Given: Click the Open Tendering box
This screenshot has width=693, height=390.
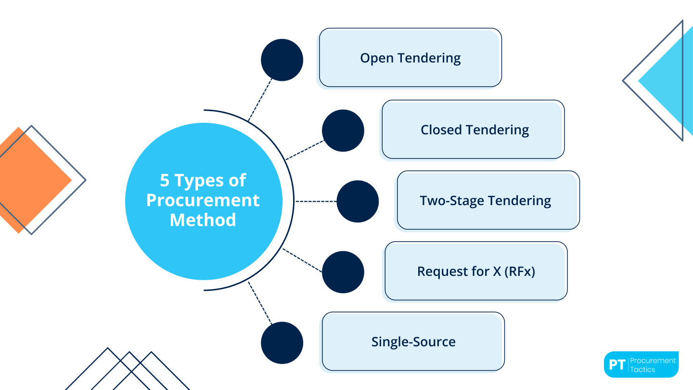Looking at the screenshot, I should pyautogui.click(x=410, y=58).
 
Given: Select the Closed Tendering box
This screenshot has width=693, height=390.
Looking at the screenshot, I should pyautogui.click(x=473, y=130).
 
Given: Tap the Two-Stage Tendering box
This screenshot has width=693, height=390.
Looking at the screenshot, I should pyautogui.click(x=488, y=200).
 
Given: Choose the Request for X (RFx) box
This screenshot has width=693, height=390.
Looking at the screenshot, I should pyautogui.click(x=476, y=271).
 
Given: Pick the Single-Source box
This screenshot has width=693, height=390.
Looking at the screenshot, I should pyautogui.click(x=413, y=342).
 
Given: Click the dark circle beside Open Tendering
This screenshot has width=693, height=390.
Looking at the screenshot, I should pyautogui.click(x=282, y=60).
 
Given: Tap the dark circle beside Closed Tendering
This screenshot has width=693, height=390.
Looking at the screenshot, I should pyautogui.click(x=343, y=130).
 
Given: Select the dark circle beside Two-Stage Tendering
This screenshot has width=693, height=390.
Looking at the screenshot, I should pyautogui.click(x=358, y=201).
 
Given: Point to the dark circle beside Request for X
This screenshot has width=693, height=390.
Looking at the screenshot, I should pyautogui.click(x=343, y=272).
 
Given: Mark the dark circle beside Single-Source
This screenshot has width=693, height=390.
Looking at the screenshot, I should pyautogui.click(x=282, y=343).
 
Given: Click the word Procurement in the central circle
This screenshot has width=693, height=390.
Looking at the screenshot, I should pyautogui.click(x=203, y=200).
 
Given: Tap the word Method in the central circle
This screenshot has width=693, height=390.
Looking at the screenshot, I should pyautogui.click(x=203, y=220).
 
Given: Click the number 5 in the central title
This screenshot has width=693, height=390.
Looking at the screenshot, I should pyautogui.click(x=165, y=181).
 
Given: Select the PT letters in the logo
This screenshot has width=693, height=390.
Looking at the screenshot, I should pyautogui.click(x=616, y=364).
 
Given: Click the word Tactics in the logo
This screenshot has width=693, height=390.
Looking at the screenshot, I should pyautogui.click(x=642, y=369).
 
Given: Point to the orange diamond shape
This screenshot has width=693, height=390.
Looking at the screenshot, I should pyautogui.click(x=29, y=181).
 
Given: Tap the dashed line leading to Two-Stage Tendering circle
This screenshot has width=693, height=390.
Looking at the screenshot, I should pyautogui.click(x=316, y=201).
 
